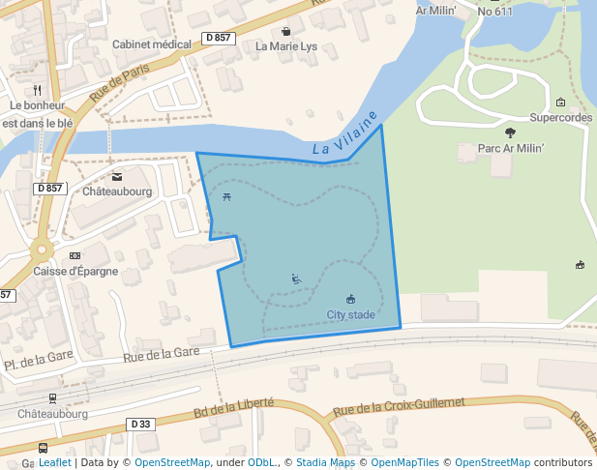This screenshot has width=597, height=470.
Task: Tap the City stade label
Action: pyautogui.click(x=350, y=315)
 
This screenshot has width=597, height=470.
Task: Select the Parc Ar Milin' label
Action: pyautogui.click(x=512, y=150)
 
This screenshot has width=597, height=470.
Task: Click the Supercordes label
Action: pyautogui.click(x=561, y=118)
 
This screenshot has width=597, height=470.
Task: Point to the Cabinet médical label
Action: pyautogui.click(x=152, y=44)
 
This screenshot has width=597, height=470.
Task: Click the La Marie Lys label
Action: pyautogui.click(x=285, y=46)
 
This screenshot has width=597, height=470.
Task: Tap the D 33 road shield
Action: pyautogui.click(x=140, y=424)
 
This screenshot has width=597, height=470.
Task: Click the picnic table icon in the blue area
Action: pyautogui.click(x=226, y=197)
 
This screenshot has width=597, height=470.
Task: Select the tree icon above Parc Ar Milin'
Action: pyautogui.click(x=511, y=133)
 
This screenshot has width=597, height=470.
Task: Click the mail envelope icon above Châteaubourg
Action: pyautogui.click(x=117, y=177)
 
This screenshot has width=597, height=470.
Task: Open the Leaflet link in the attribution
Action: pyautogui.click(x=54, y=463)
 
